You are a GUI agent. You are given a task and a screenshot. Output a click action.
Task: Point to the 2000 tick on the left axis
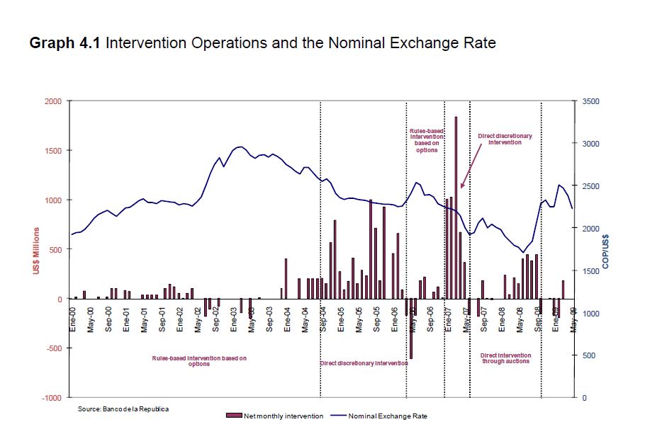[54, 101]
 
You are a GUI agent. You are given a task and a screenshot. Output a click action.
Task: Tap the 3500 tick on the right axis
[591, 101]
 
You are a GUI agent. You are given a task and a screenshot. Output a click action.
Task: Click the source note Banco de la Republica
[123, 409]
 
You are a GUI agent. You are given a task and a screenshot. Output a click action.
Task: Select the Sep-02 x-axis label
[216, 319]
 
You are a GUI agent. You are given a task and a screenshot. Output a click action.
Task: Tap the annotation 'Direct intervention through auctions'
[505, 358]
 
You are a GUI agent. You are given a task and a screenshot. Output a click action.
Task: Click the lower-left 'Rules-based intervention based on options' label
[199, 361]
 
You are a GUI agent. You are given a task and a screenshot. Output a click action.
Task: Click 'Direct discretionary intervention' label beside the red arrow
[505, 139]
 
